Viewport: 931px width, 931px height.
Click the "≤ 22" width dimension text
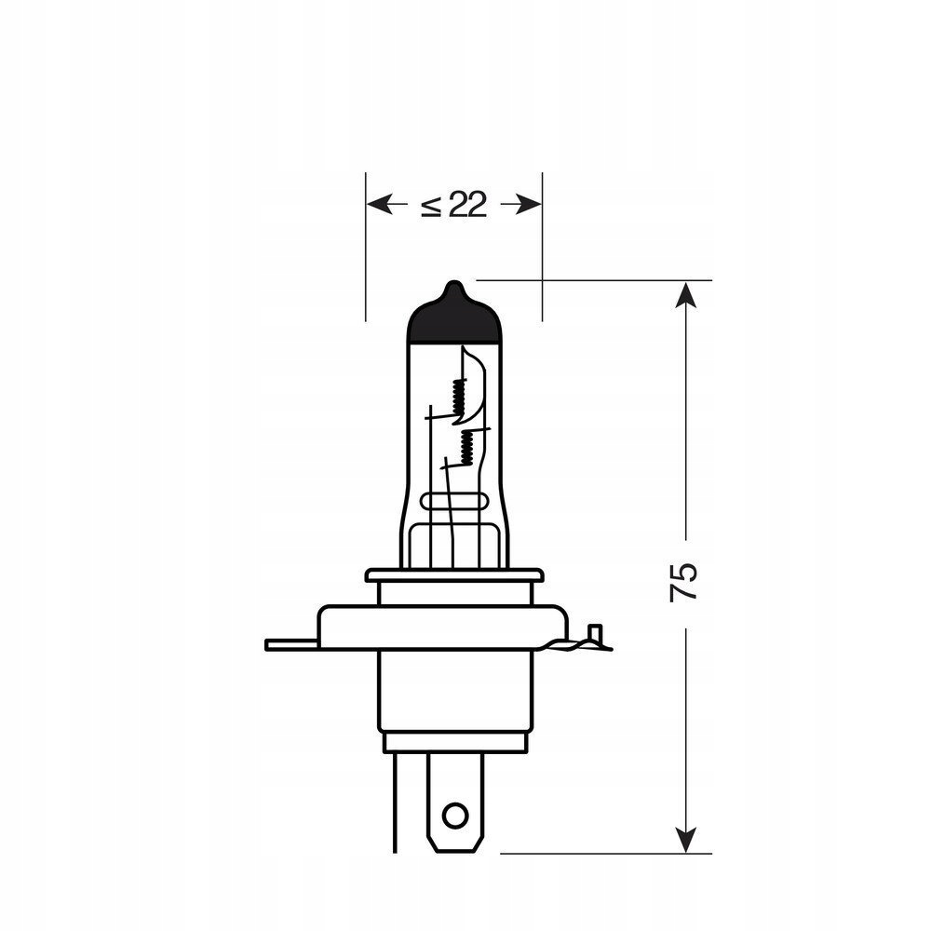click(454, 205)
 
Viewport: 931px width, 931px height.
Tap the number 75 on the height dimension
click(684, 581)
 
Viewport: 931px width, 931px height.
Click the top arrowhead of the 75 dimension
click(685, 294)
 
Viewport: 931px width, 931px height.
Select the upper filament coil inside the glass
click(457, 398)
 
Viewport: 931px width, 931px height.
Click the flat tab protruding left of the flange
click(290, 644)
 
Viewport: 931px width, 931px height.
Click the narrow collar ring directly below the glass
click(454, 575)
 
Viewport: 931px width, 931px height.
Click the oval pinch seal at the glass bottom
click(454, 500)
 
